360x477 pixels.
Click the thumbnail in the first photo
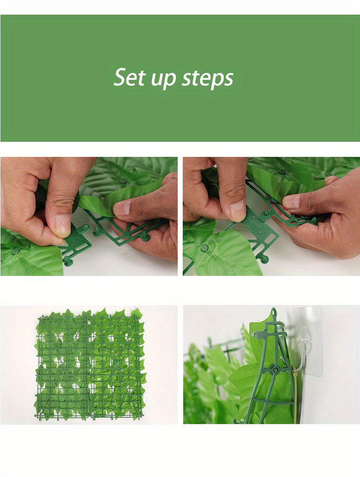[63, 224]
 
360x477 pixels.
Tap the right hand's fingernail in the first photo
[122, 208]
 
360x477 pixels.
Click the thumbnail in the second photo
[237, 210]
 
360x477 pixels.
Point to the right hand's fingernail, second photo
[291, 202]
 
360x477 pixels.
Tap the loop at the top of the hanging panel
[273, 312]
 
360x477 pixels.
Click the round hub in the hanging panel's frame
[275, 370]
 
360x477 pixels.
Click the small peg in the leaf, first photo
[16, 251]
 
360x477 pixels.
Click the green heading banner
[180, 78]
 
